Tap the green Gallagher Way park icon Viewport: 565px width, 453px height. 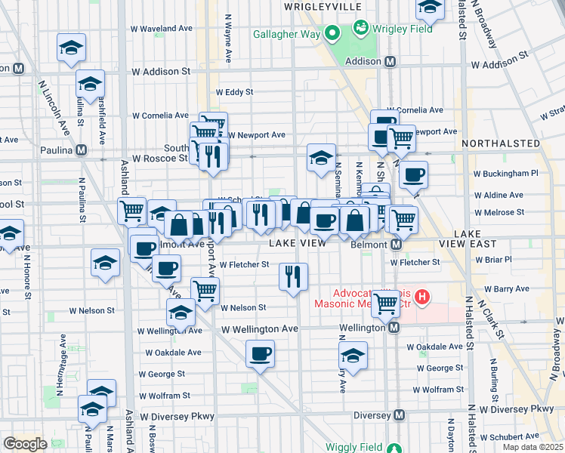pyautogui.click(x=332, y=33)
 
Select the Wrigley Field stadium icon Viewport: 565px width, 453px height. pyautogui.click(x=361, y=29)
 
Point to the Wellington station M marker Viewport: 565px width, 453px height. pyautogui.click(x=394, y=328)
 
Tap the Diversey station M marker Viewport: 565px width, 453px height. pyautogui.click(x=400, y=415)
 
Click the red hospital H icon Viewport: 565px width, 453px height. pyautogui.click(x=422, y=298)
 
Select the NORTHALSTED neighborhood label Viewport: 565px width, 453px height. pyautogui.click(x=501, y=143)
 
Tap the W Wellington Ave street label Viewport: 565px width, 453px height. pyautogui.click(x=260, y=329)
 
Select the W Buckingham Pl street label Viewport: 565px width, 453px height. pyautogui.click(x=504, y=173)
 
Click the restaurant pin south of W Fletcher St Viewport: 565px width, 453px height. pyautogui.click(x=293, y=276)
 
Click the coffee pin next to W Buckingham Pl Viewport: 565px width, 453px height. pyautogui.click(x=413, y=175)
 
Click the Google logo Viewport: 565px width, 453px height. pyautogui.click(x=26, y=444)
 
